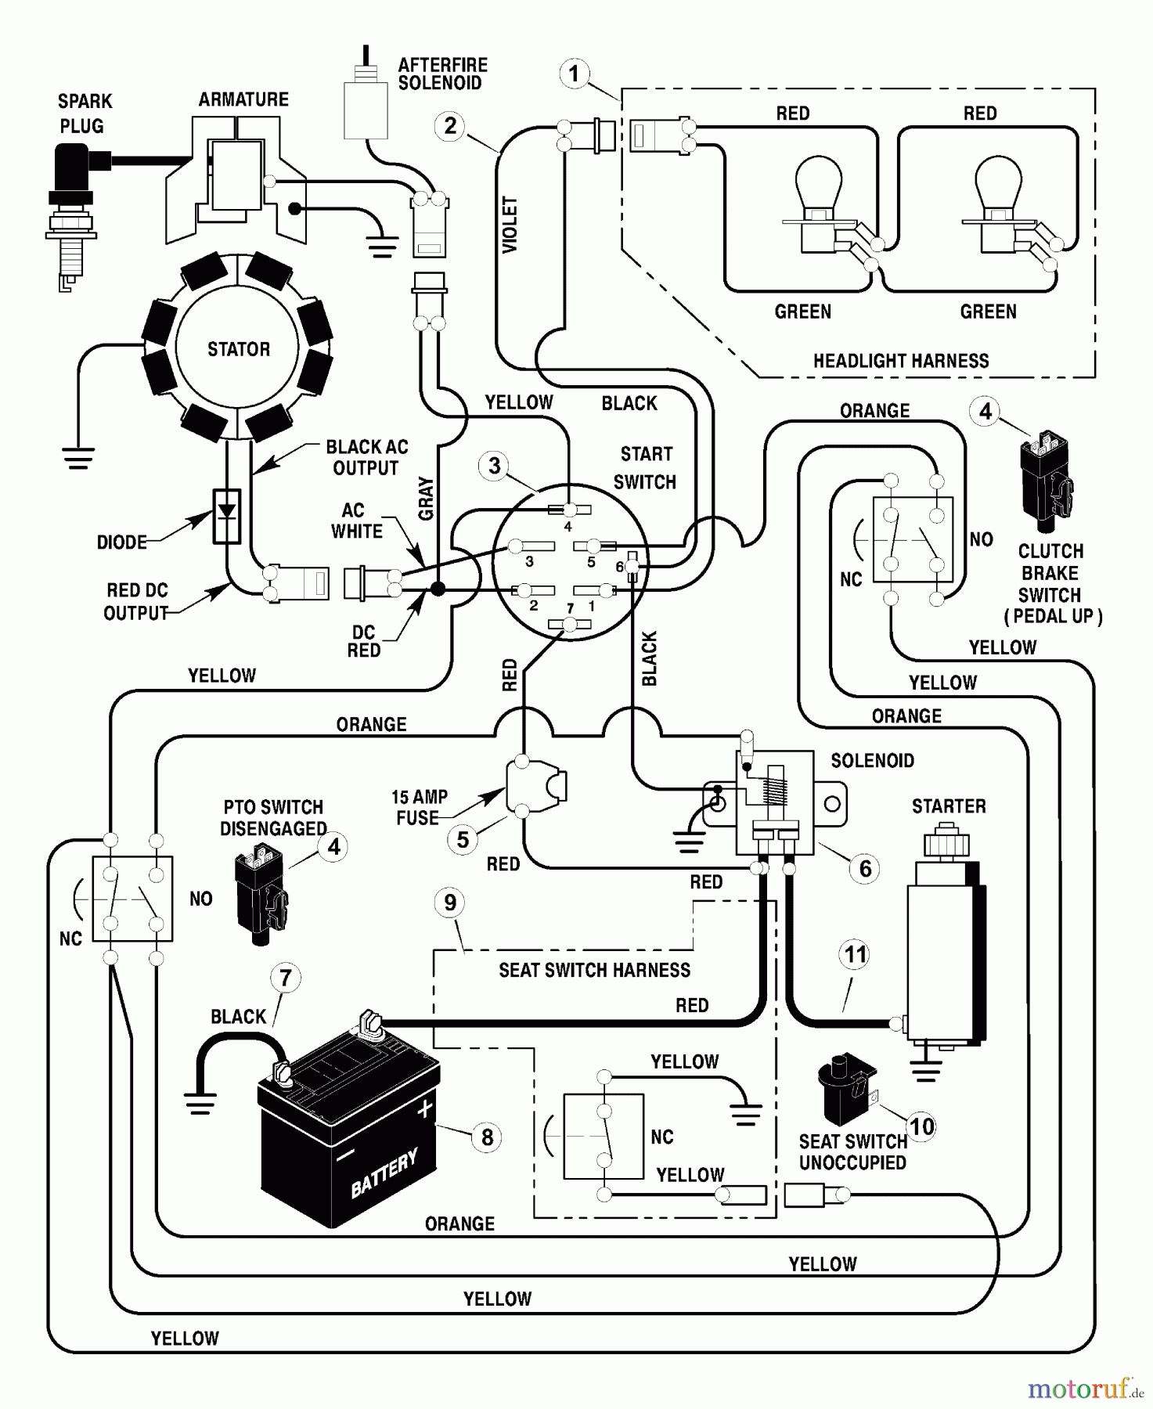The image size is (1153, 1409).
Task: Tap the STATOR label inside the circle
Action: (x=238, y=349)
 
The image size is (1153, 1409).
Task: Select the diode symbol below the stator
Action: (x=227, y=516)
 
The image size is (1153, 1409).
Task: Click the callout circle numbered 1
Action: (x=575, y=74)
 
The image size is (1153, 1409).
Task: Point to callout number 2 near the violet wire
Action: (x=450, y=126)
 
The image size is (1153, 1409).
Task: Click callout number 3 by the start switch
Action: (x=495, y=467)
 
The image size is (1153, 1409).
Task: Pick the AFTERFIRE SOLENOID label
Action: (x=442, y=74)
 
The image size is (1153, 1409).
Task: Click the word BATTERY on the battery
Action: (x=384, y=1173)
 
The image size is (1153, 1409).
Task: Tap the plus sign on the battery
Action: (x=424, y=1108)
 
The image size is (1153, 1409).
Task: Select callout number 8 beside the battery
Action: (x=487, y=1137)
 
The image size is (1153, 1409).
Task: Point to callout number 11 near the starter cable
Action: (x=855, y=955)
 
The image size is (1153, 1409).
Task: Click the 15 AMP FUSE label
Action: (x=419, y=807)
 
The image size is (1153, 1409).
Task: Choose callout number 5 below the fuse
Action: (x=463, y=840)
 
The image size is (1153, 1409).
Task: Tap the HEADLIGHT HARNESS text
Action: (x=901, y=361)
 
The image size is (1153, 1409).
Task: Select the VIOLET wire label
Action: (x=510, y=225)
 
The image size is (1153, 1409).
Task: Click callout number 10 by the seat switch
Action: (x=922, y=1126)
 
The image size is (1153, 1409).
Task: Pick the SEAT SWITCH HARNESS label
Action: (x=594, y=971)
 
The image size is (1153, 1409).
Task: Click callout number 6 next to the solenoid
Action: (x=865, y=868)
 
